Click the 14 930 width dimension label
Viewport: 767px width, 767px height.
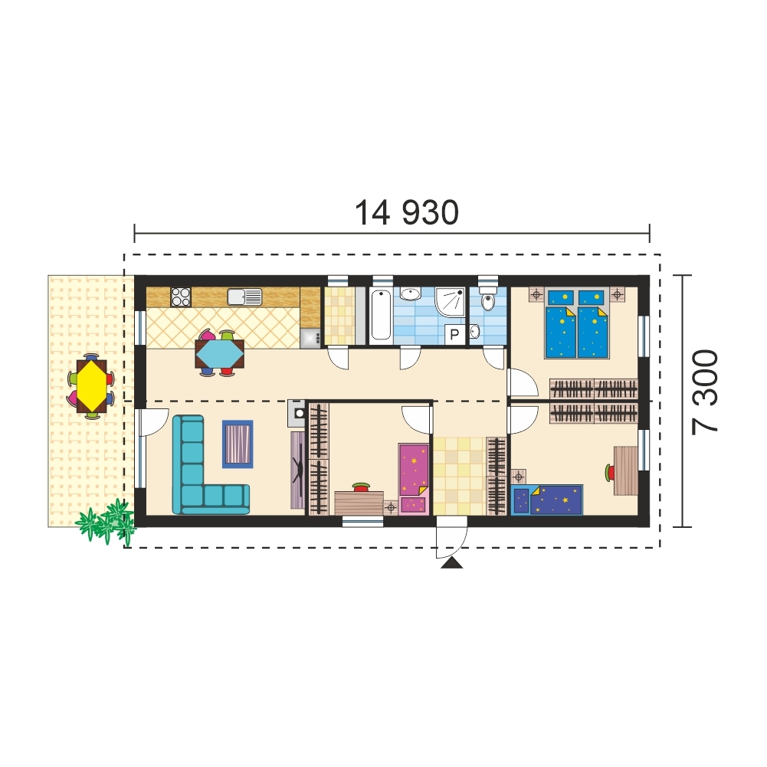click(x=407, y=212)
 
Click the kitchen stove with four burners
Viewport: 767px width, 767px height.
click(x=180, y=296)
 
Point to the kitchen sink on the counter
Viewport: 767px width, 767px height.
click(x=244, y=296)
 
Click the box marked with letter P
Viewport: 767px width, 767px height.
click(x=454, y=333)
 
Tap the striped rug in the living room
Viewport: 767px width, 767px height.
click(x=238, y=444)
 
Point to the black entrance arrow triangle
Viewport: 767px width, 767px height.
click(x=452, y=563)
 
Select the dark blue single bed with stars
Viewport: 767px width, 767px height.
click(x=548, y=500)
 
